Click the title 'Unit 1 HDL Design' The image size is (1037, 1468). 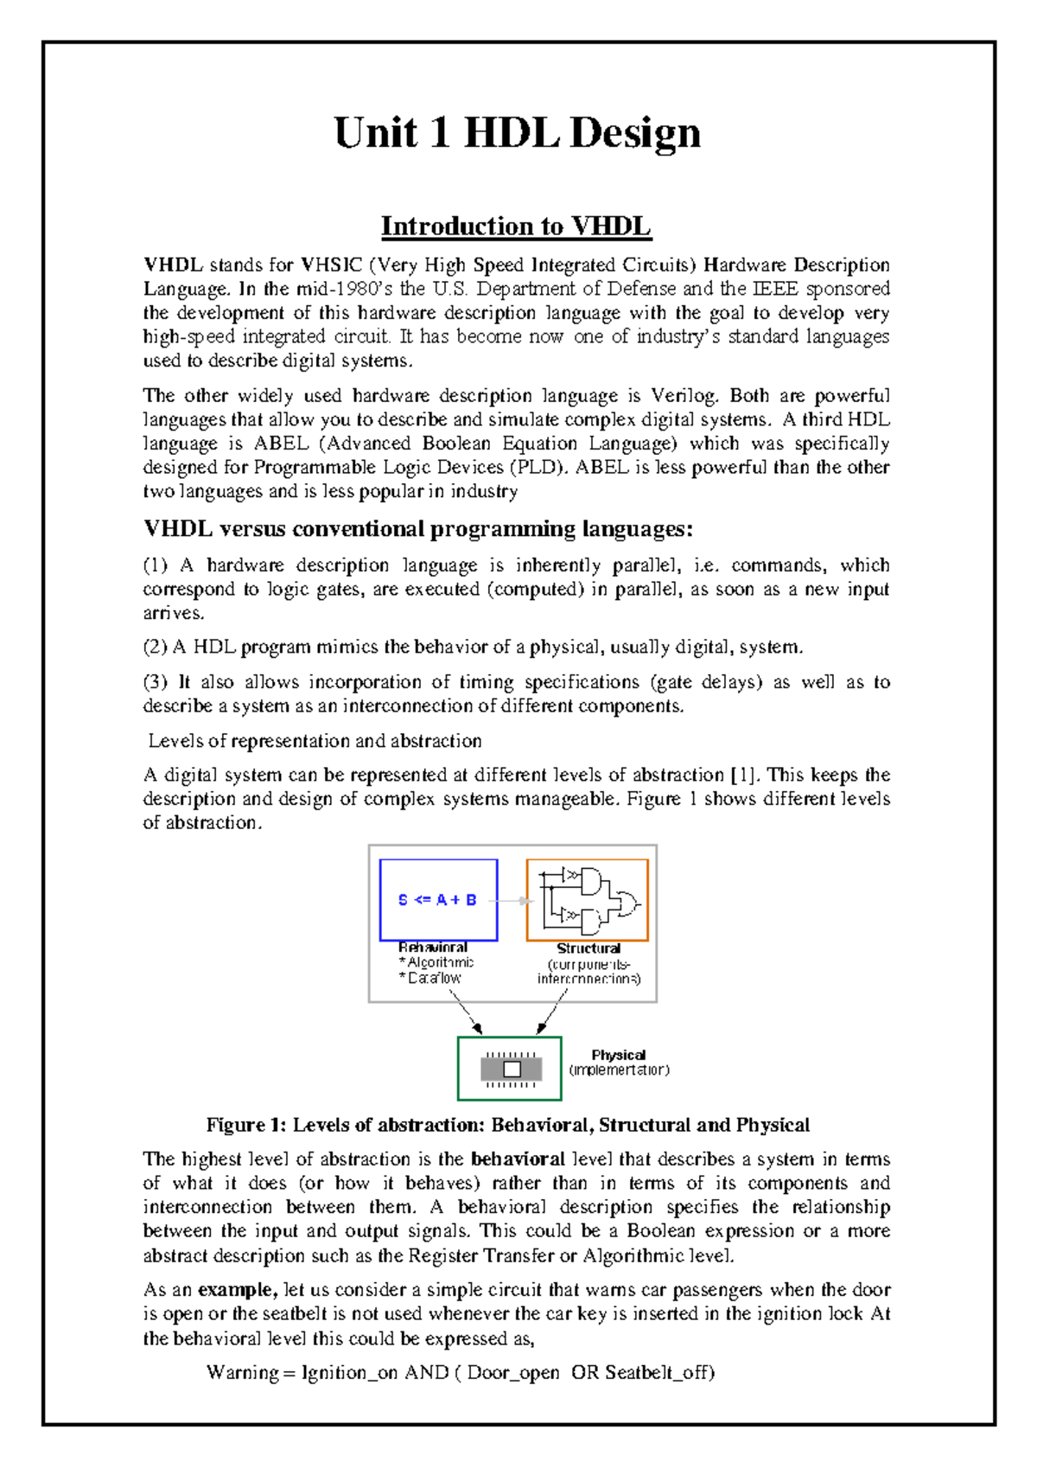[517, 134]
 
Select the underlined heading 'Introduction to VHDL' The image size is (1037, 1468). [516, 227]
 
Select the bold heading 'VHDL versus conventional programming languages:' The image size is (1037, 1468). [418, 529]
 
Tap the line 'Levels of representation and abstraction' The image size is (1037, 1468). [315, 741]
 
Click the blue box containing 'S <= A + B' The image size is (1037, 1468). [438, 900]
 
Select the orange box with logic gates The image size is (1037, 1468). [587, 900]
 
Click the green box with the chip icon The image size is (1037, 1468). [510, 1069]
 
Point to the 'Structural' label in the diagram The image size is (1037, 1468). [588, 948]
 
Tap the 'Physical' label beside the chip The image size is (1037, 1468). [618, 1055]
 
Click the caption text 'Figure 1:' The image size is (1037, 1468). [245, 1126]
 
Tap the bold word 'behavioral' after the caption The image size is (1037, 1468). [518, 1159]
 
